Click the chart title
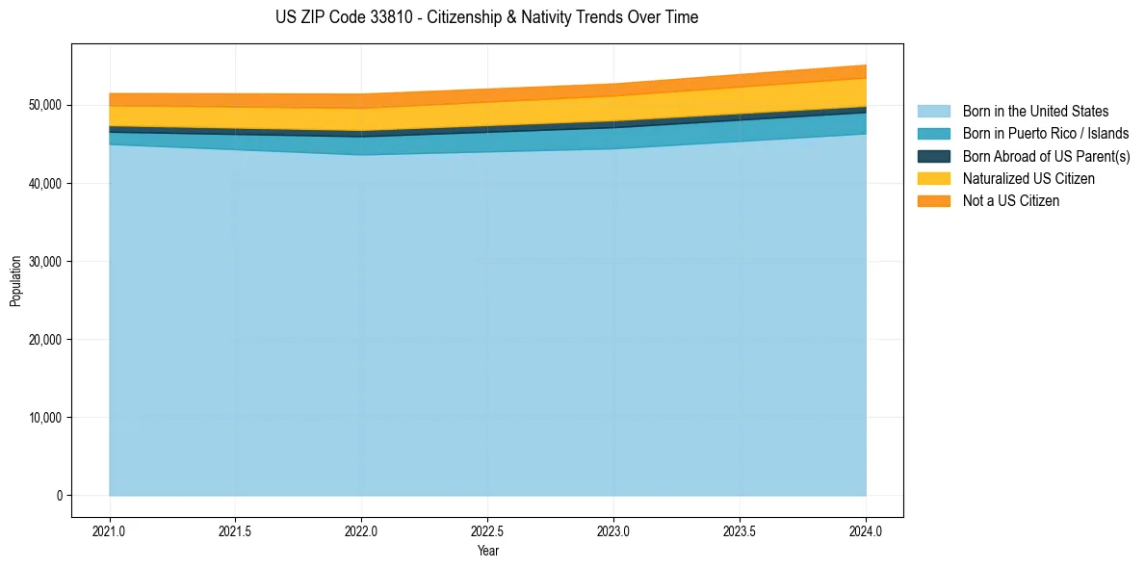tap(486, 17)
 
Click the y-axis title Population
tap(15, 281)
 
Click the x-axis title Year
tap(487, 551)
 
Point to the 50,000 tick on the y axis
tap(44, 105)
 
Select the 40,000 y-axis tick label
tap(44, 183)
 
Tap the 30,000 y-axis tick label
tap(44, 261)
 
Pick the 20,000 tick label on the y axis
tap(44, 340)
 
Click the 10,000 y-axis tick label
tap(44, 418)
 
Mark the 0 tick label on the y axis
tap(59, 496)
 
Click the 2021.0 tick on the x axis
tap(110, 530)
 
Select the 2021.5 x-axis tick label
tap(236, 530)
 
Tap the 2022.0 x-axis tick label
tap(361, 530)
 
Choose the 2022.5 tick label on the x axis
tap(487, 530)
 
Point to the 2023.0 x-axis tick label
tap(613, 530)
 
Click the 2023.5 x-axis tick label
tap(740, 530)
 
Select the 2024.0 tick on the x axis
tap(866, 530)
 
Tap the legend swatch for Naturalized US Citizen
tap(933, 179)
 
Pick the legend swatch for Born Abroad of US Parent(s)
tap(933, 156)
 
